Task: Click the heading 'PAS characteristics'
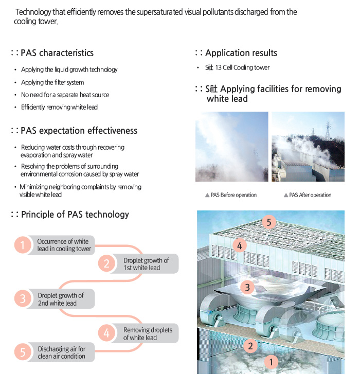pyautogui.click(x=57, y=53)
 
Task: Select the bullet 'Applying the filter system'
pyautogui.click(x=52, y=82)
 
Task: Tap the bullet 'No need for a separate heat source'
pyautogui.click(x=65, y=95)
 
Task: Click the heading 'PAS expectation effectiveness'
pyautogui.click(x=79, y=131)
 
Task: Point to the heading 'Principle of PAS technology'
pyautogui.click(x=75, y=215)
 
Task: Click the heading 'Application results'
pyautogui.click(x=241, y=53)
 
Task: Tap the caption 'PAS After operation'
pyautogui.click(x=310, y=195)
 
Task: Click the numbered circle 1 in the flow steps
pyautogui.click(x=23, y=245)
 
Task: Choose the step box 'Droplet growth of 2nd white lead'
pyautogui.click(x=60, y=299)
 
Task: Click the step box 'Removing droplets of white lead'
pyautogui.click(x=148, y=333)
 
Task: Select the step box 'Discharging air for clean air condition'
pyautogui.click(x=61, y=352)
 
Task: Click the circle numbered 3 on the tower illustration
pyautogui.click(x=247, y=287)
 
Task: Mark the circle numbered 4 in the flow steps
pyautogui.click(x=106, y=333)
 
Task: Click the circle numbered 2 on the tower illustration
pyautogui.click(x=250, y=346)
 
